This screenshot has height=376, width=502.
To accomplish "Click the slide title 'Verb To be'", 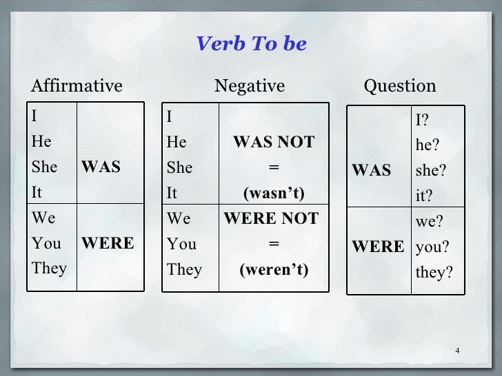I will [x=251, y=43].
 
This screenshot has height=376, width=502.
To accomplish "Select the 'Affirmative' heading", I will [x=77, y=86].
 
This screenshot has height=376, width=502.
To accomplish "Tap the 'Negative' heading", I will [x=249, y=86].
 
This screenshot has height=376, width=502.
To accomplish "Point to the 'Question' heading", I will [x=400, y=86].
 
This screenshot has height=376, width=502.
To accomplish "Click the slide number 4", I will [x=457, y=351].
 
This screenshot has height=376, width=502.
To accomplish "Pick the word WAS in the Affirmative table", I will [x=101, y=167].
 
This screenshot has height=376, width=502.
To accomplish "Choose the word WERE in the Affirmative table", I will [x=108, y=243].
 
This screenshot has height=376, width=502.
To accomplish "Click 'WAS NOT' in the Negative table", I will [x=273, y=143].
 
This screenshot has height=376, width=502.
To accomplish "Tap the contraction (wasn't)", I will [x=273, y=193].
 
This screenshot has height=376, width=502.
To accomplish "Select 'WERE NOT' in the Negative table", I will [x=271, y=219].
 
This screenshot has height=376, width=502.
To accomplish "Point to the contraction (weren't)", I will [x=273, y=269].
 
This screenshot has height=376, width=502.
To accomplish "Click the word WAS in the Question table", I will [x=372, y=171].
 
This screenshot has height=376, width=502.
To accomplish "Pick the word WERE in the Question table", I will [x=378, y=247].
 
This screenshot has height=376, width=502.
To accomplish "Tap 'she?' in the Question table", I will [x=431, y=171].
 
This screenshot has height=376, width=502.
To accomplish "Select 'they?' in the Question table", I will [x=434, y=273].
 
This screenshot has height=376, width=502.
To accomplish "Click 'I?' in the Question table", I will [x=422, y=121].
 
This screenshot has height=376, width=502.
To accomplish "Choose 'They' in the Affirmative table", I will [x=49, y=268].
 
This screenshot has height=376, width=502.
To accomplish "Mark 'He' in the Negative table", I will [x=177, y=143].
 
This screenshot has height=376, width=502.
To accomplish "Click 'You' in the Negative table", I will [x=182, y=244].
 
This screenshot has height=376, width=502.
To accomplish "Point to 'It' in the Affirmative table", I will [x=37, y=193].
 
